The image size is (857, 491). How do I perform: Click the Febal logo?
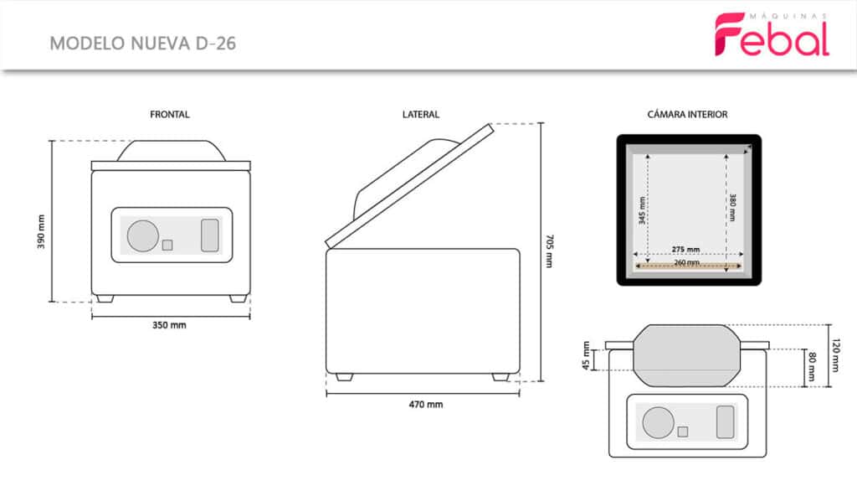point(772,34)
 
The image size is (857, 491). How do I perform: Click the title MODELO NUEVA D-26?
point(142,44)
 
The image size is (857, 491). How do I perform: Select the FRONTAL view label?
point(169,115)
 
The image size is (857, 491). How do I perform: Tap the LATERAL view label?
point(421,115)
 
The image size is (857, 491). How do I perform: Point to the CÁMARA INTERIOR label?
point(688,115)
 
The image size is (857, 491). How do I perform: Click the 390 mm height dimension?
point(41,231)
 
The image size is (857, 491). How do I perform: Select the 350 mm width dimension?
point(169,325)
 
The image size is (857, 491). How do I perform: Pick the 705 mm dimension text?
point(550,251)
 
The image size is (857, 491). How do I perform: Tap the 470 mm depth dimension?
point(426,405)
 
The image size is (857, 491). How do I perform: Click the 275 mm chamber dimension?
point(686,249)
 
